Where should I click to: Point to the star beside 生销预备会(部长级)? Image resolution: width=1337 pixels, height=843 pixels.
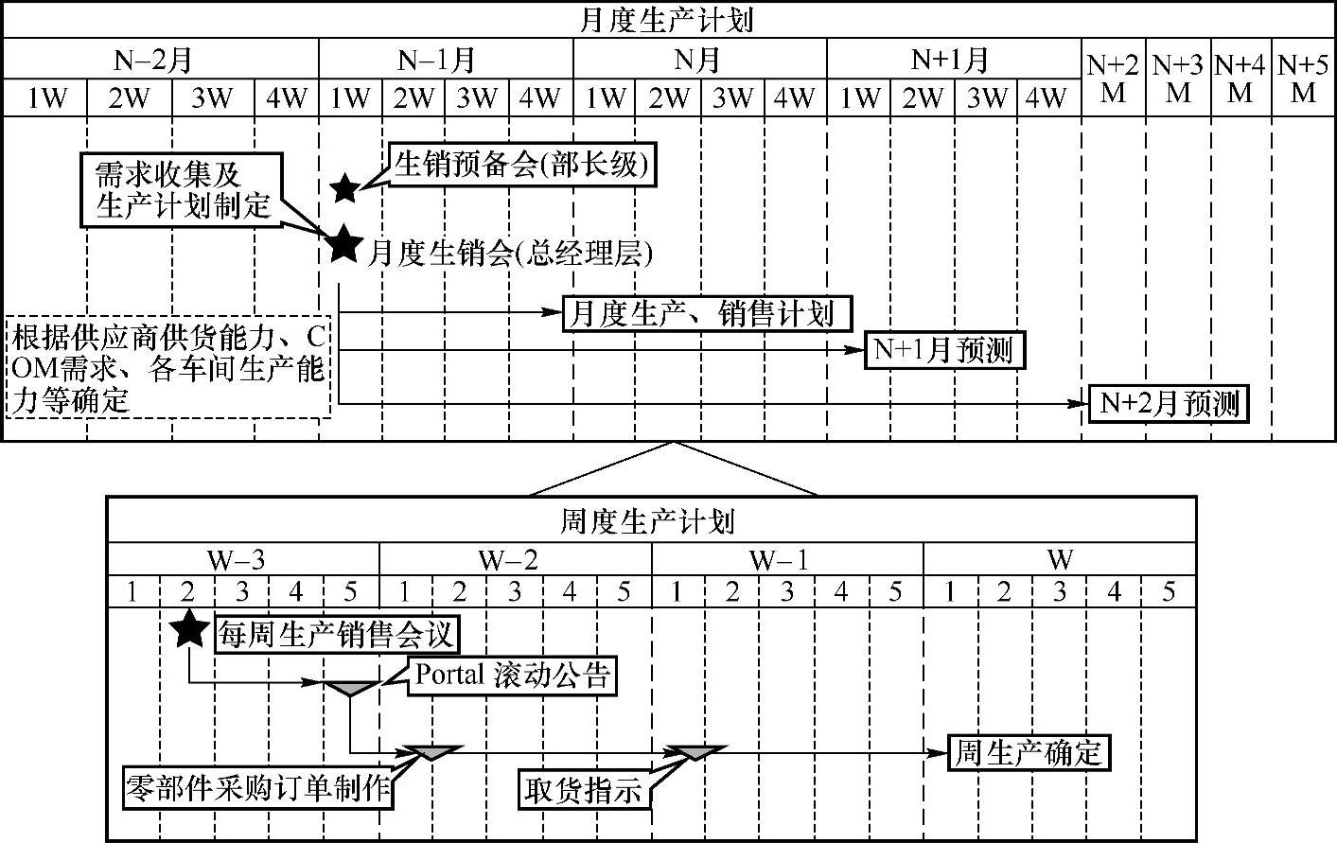click(345, 187)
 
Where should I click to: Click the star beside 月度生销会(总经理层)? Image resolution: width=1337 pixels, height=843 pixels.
click(344, 245)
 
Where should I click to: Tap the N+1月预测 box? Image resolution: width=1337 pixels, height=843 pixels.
click(943, 350)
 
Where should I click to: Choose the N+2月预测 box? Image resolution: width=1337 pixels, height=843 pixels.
click(1169, 404)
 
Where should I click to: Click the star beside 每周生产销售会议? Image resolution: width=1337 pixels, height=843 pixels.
click(190, 628)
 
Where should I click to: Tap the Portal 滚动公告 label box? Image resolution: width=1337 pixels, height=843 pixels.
click(512, 676)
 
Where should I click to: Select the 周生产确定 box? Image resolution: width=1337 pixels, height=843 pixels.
click(1028, 753)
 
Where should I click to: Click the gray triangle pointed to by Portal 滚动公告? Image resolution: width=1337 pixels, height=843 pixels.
click(350, 686)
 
